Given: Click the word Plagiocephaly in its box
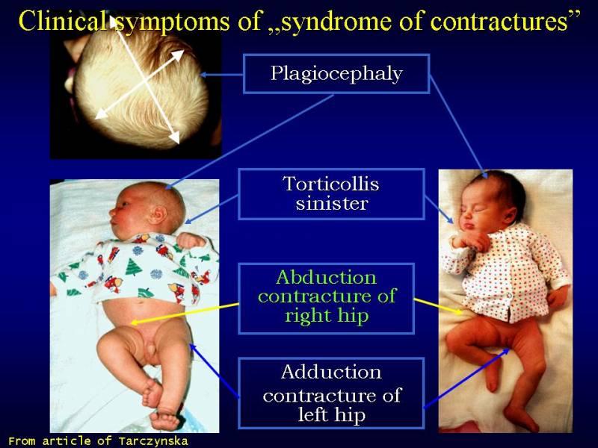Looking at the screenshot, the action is (x=336, y=73).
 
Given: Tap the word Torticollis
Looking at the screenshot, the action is (x=331, y=184).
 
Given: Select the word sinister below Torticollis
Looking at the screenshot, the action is (x=331, y=203).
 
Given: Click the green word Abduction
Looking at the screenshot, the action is (x=327, y=277).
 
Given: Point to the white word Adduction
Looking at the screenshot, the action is (x=331, y=372).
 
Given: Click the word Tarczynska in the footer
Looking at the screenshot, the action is (x=153, y=441).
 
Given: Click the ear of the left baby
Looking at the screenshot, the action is (x=157, y=215).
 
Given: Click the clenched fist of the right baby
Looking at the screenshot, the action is (x=470, y=240).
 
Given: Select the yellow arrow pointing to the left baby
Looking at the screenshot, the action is (x=185, y=314).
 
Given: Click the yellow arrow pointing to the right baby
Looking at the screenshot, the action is (x=438, y=306).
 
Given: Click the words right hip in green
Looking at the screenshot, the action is (x=327, y=316).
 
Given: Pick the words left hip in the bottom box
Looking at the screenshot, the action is (x=331, y=414).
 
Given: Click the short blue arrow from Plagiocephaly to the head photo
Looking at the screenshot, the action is (x=221, y=75).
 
